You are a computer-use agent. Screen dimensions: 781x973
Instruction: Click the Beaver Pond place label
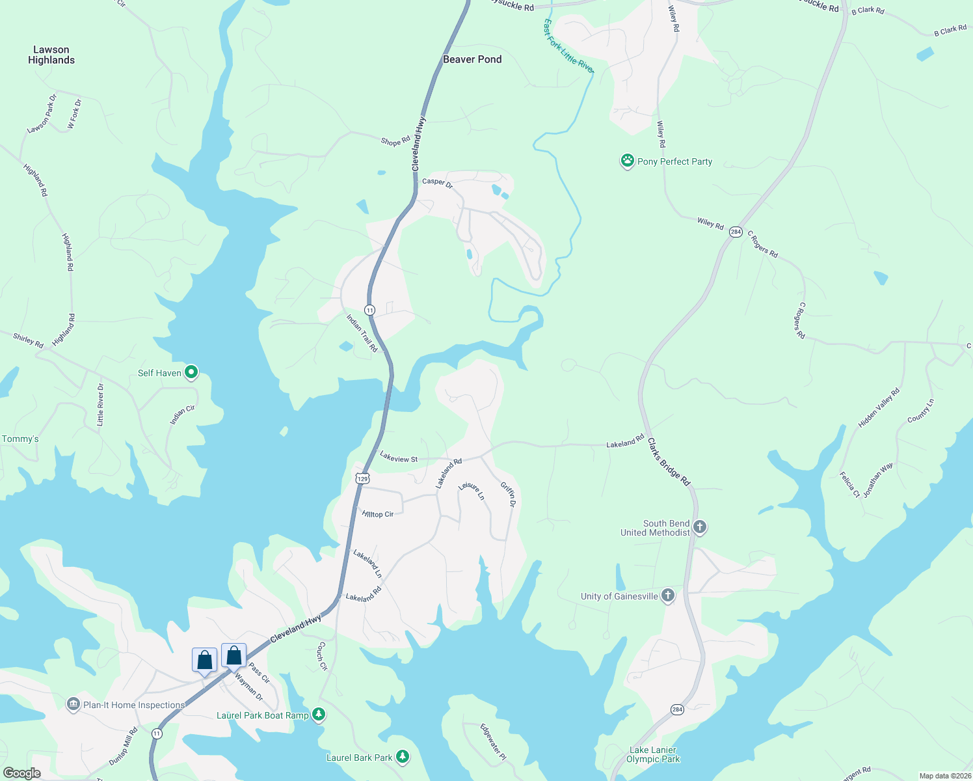click(x=472, y=59)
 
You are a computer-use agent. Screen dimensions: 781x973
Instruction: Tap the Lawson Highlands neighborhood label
click(x=51, y=55)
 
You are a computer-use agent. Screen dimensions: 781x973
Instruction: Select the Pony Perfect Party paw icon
click(x=627, y=161)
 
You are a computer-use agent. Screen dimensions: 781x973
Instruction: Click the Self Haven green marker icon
click(x=191, y=372)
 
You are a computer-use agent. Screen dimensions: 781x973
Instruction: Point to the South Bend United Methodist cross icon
click(x=700, y=527)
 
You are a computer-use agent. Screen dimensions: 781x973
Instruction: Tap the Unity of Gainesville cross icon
click(x=668, y=596)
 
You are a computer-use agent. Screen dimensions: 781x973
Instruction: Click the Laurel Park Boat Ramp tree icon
click(x=318, y=715)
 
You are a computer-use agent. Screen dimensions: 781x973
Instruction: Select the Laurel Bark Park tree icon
click(x=403, y=757)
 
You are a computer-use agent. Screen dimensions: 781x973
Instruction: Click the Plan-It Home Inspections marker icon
click(x=73, y=704)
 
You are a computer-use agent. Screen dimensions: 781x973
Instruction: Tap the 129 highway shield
click(x=362, y=478)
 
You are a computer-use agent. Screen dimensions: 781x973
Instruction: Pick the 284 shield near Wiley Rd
click(x=736, y=232)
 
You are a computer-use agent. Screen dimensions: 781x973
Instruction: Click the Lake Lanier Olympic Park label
click(x=653, y=754)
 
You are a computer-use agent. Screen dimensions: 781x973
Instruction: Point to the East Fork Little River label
click(x=568, y=46)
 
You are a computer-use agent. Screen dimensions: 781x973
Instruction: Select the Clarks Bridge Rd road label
click(x=669, y=462)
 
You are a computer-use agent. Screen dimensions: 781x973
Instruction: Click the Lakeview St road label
click(x=399, y=458)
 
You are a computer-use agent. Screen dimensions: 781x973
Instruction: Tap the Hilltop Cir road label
click(x=378, y=514)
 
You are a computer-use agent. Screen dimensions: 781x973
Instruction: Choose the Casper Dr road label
click(x=437, y=182)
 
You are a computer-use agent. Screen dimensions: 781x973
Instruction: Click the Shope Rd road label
click(x=395, y=141)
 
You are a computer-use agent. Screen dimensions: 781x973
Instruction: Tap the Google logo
click(x=22, y=773)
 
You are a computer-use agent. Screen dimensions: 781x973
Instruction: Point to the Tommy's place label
click(x=20, y=439)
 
